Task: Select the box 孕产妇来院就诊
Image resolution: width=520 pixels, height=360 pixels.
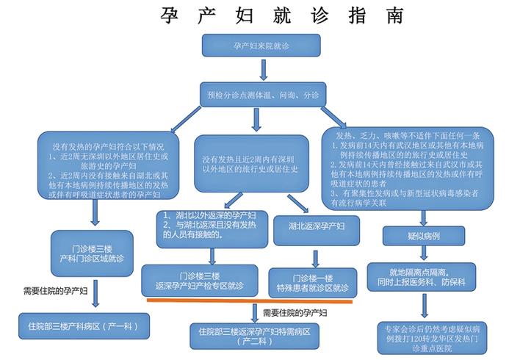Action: (x=263, y=46)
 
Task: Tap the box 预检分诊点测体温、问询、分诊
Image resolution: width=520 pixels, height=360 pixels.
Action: (x=263, y=95)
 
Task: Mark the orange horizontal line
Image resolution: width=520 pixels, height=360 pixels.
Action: (x=250, y=300)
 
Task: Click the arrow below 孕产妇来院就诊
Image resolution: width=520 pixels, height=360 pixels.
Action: (x=263, y=69)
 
